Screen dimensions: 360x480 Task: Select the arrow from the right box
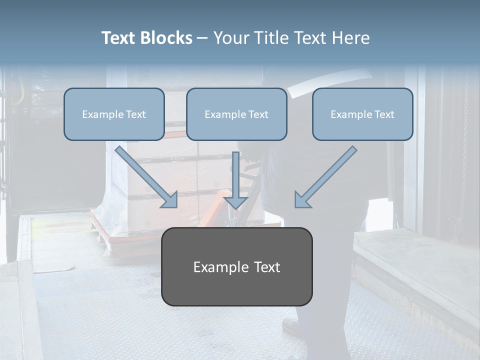327,175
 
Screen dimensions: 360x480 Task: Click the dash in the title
203,38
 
